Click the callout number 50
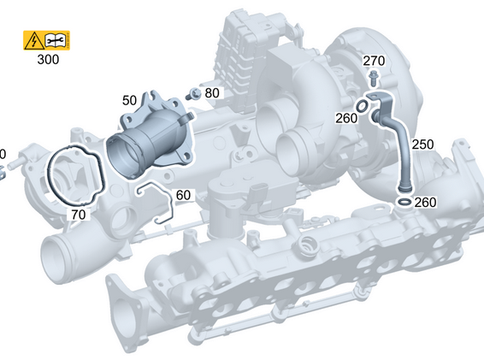130,101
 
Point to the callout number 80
212,92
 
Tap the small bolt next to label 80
195,93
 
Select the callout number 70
78,215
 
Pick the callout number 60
183,195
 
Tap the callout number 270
374,61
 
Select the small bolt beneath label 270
374,78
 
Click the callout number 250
422,145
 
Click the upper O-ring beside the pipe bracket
365,106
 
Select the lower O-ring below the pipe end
403,202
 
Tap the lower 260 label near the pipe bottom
425,203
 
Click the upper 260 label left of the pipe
346,119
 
